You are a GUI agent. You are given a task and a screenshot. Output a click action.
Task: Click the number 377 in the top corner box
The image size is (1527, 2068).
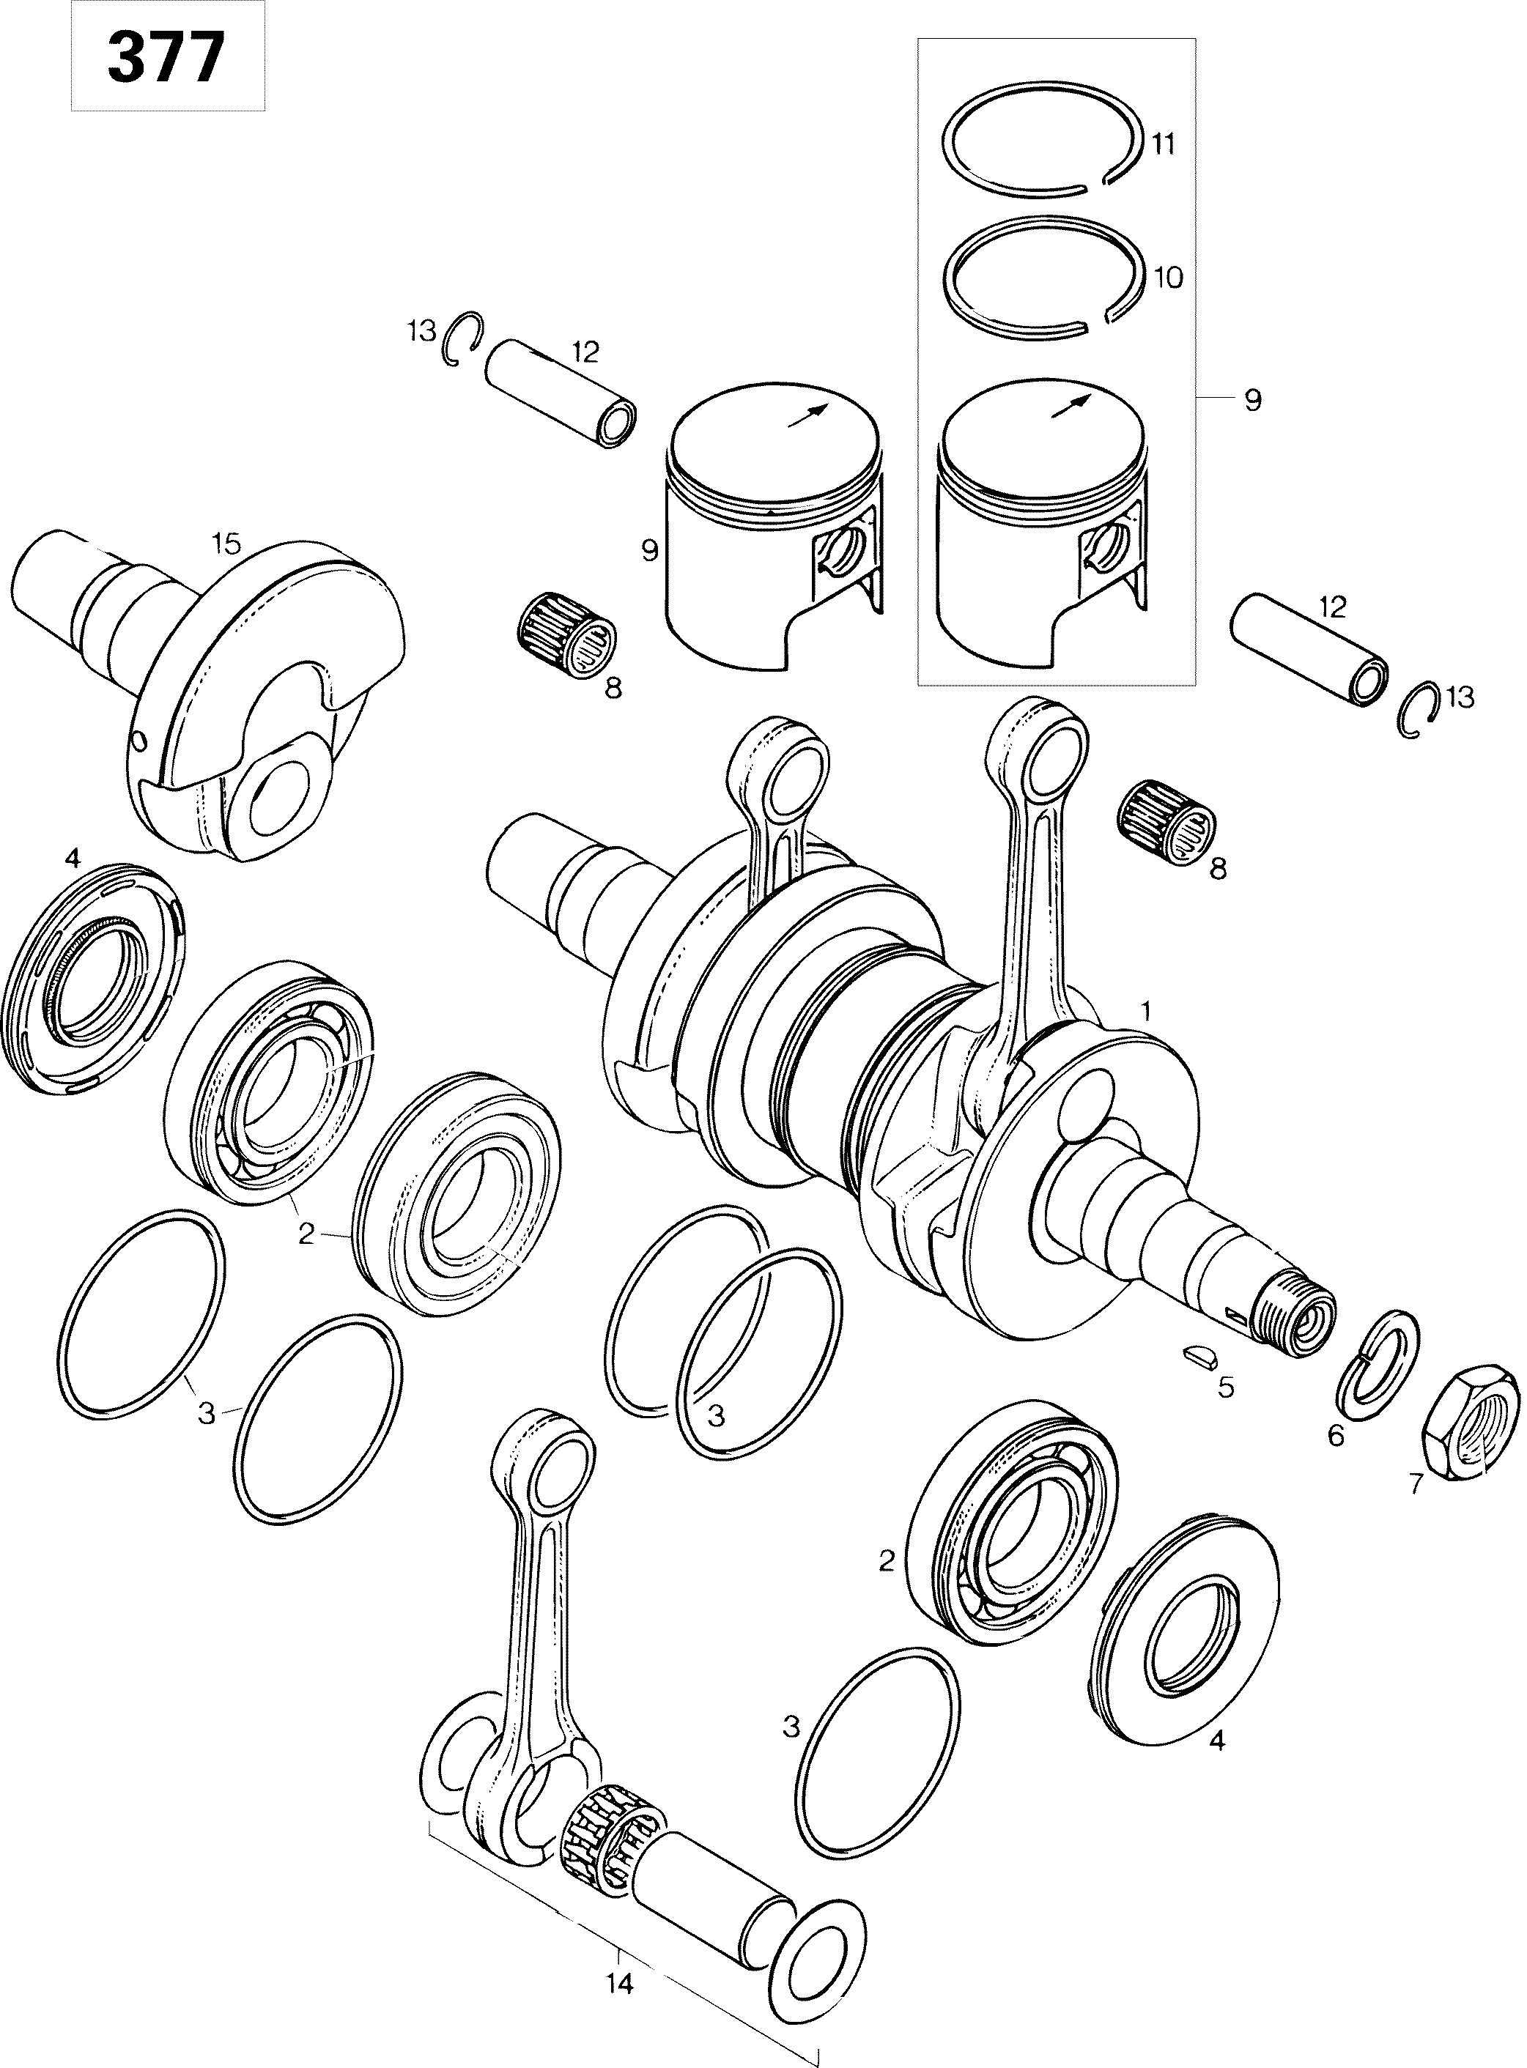(x=166, y=58)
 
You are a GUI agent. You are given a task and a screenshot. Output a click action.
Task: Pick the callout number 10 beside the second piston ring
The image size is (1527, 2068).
(x=1169, y=277)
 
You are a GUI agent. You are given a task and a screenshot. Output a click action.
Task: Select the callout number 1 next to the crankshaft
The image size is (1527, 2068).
(x=1145, y=1011)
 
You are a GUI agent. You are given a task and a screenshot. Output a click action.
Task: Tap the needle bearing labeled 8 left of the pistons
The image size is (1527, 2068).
(x=566, y=633)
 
